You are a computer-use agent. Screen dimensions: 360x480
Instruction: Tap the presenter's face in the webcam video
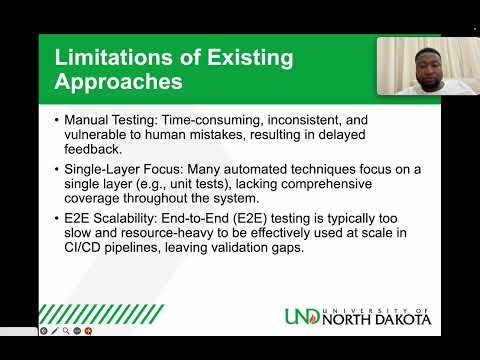[413, 68]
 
